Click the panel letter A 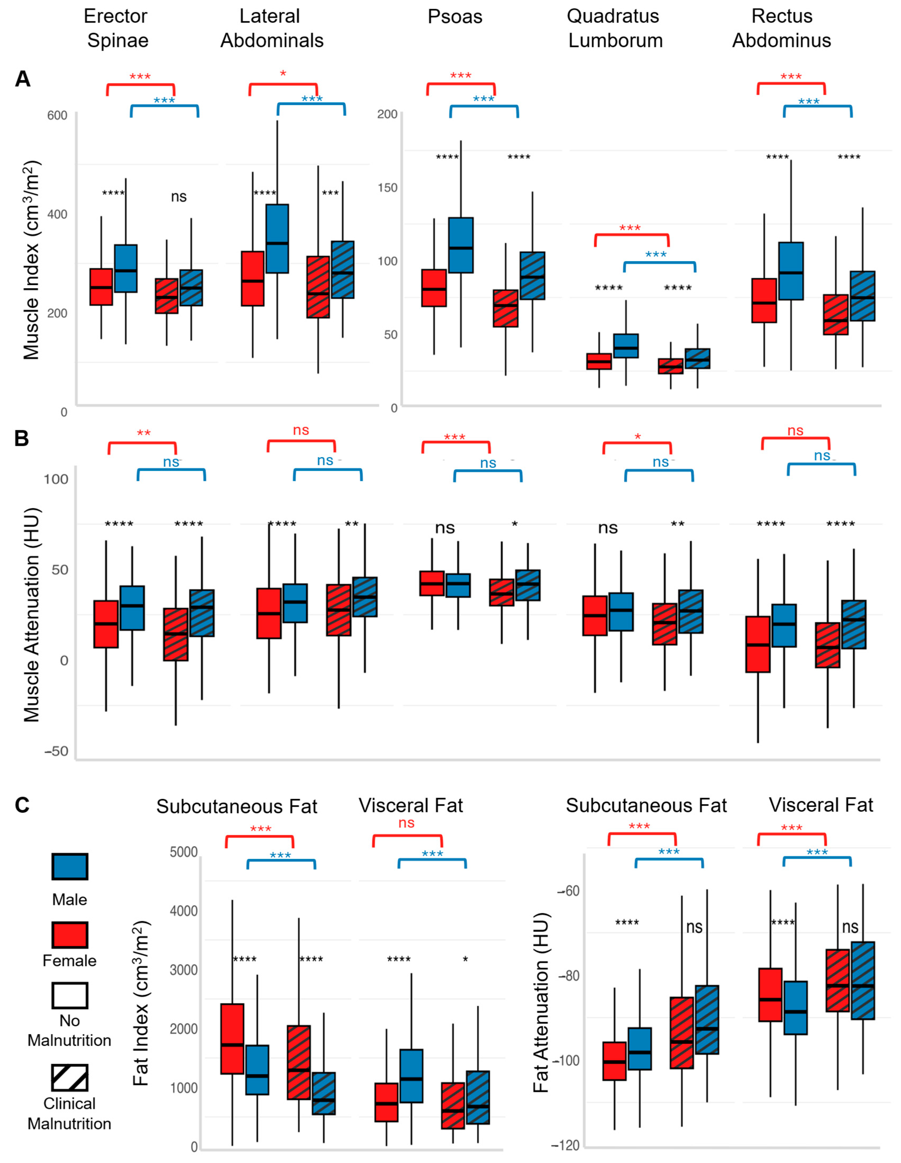point(22,79)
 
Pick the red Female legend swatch point(70,935)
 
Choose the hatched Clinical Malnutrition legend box point(70,1078)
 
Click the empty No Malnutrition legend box point(70,996)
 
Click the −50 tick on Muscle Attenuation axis point(56,751)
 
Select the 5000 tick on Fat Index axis point(184,852)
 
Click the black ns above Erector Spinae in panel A point(179,197)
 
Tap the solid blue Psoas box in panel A point(461,245)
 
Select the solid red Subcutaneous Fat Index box point(232,1038)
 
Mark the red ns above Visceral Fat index point(406,823)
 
